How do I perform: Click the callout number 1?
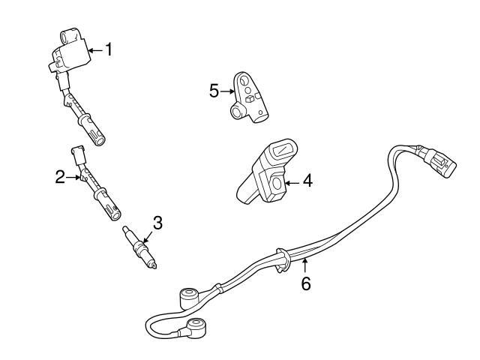pyautogui.click(x=109, y=50)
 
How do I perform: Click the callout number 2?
pyautogui.click(x=61, y=177)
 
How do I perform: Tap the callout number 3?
pyautogui.click(x=157, y=222)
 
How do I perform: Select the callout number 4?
pyautogui.click(x=307, y=181)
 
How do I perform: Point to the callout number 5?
pyautogui.click(x=214, y=91)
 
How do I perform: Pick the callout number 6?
pyautogui.click(x=305, y=283)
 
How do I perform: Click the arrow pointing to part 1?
pyautogui.click(x=94, y=50)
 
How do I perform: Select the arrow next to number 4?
pyautogui.click(x=292, y=181)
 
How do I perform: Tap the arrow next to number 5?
pyautogui.click(x=228, y=91)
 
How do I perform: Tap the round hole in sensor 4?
pyautogui.click(x=277, y=182)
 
